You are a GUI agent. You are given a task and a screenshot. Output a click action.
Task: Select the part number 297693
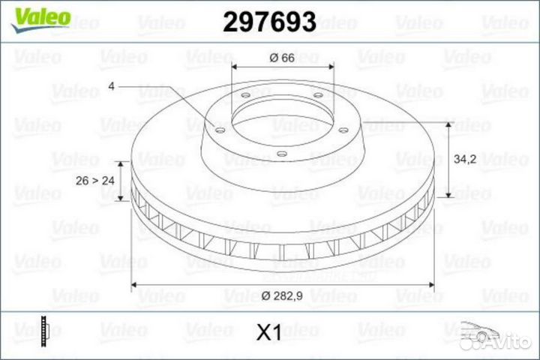[269, 22]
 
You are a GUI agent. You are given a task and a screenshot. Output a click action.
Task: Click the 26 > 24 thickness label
[95, 180]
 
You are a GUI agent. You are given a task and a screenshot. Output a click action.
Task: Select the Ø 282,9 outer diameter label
[283, 295]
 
